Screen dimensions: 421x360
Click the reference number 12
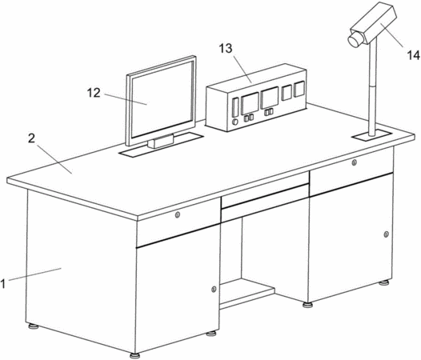click(94, 93)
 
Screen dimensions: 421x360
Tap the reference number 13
click(226, 49)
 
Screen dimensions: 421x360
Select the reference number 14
click(413, 55)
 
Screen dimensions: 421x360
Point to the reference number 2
click(32, 138)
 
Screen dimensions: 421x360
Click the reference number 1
click(3, 284)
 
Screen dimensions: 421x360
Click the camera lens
click(355, 39)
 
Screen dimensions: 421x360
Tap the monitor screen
click(162, 98)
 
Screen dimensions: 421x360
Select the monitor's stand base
click(160, 142)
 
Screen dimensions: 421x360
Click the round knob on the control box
click(235, 122)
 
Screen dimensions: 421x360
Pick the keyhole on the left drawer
click(177, 214)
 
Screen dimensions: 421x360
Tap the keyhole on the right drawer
click(355, 162)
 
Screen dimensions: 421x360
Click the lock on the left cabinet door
click(214, 289)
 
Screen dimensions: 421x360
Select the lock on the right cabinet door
click(386, 234)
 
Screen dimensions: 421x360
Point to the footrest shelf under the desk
click(247, 294)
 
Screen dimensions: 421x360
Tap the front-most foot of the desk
click(134, 355)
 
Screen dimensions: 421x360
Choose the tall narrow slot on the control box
click(235, 107)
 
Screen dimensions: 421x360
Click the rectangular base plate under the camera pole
click(372, 135)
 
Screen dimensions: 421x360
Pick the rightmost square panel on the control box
click(299, 89)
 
